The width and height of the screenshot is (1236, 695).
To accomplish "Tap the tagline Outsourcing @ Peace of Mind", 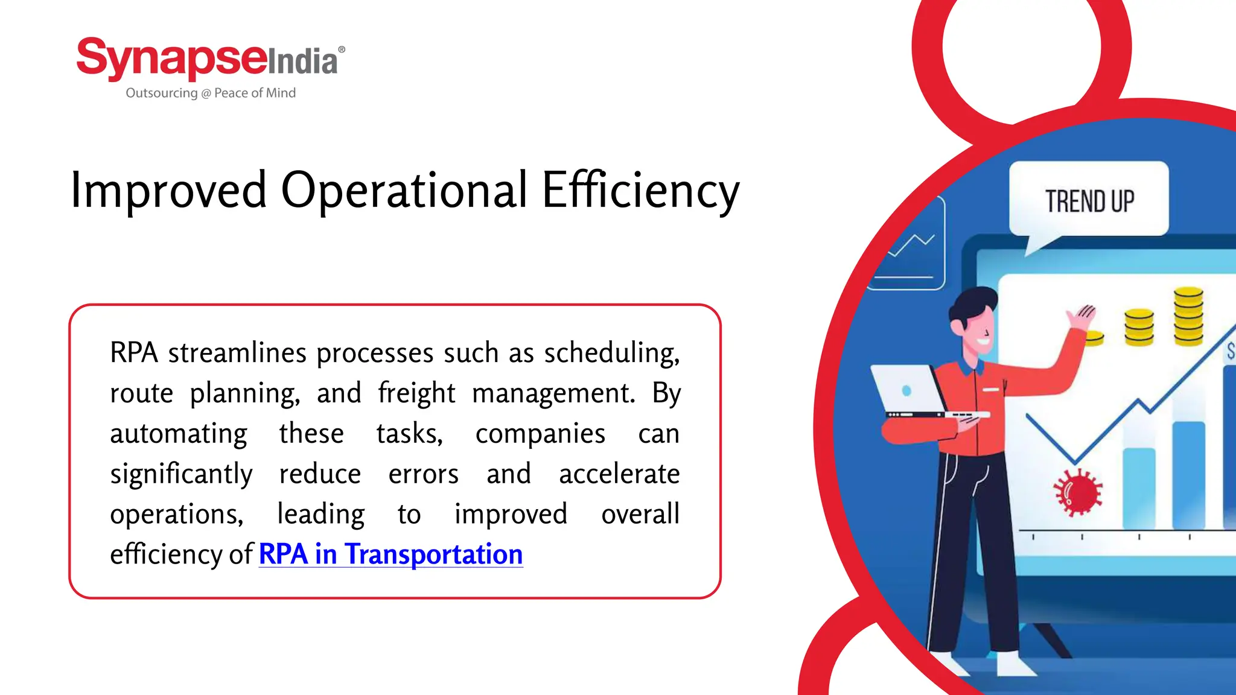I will click(x=211, y=93).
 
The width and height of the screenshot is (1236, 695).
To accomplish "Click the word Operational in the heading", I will click(x=404, y=189).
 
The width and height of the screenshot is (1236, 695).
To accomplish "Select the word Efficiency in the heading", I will click(x=640, y=191).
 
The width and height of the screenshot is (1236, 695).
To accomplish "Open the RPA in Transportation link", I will click(x=390, y=554).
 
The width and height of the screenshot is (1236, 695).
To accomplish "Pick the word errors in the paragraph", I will click(x=423, y=474).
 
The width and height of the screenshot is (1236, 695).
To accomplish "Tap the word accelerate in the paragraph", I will click(x=619, y=474).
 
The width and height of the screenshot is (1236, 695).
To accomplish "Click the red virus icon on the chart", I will click(x=1078, y=492).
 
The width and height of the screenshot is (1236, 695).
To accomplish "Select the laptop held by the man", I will click(x=911, y=392).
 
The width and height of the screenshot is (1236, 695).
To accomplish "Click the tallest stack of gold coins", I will click(x=1188, y=317).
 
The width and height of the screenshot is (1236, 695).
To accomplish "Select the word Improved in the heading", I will click(x=168, y=189).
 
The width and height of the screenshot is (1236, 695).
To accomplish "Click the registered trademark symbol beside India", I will click(x=342, y=49).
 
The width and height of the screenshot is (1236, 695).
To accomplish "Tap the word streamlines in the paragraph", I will click(x=237, y=353).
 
